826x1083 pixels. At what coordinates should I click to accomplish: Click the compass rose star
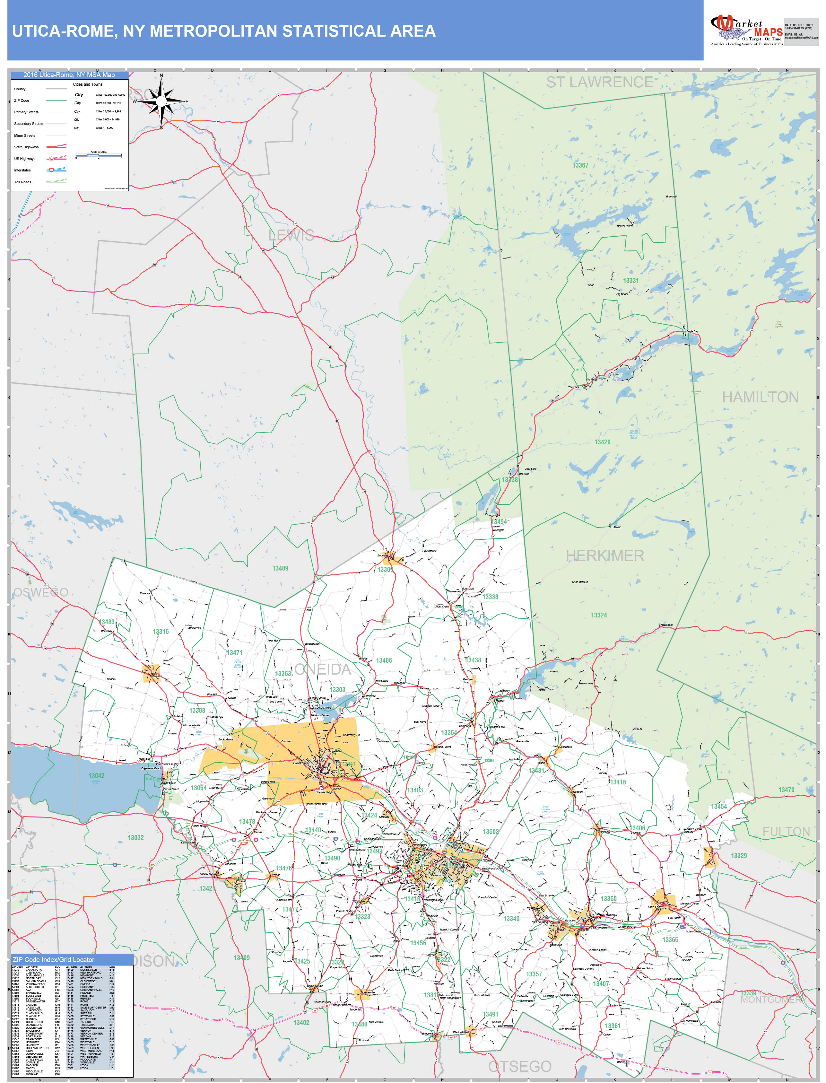pos(161,101)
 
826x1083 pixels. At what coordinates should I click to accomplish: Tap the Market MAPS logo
pos(746,30)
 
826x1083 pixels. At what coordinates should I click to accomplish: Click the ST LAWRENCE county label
pos(599,82)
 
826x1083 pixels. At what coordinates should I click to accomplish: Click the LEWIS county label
pos(291,235)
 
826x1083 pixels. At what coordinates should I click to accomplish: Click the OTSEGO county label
pos(520,1066)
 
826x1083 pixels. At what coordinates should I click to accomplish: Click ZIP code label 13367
pos(580,165)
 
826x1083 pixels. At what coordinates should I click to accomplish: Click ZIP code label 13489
pos(280,568)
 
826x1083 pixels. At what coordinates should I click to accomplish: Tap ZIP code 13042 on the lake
pos(96,776)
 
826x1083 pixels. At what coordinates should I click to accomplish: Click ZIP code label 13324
pos(598,615)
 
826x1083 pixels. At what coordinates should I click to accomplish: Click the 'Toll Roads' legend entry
pos(22,182)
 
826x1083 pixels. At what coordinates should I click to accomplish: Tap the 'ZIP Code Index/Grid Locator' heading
pos(53,960)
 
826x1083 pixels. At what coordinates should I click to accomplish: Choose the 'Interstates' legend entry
pos(22,170)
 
